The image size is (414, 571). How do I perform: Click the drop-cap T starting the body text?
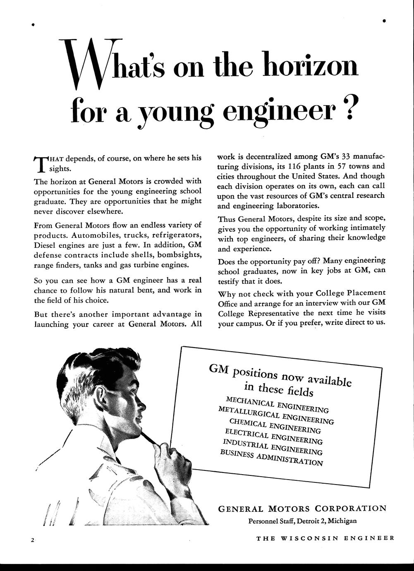coord(41,163)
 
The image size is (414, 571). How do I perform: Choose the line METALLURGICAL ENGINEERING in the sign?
coord(275,415)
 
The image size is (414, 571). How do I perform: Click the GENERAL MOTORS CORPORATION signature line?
coord(302,509)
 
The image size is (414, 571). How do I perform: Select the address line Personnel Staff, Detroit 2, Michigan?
coord(302,521)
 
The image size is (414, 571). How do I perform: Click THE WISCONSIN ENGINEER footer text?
coord(325,538)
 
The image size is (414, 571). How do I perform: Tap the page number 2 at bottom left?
coord(32,540)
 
